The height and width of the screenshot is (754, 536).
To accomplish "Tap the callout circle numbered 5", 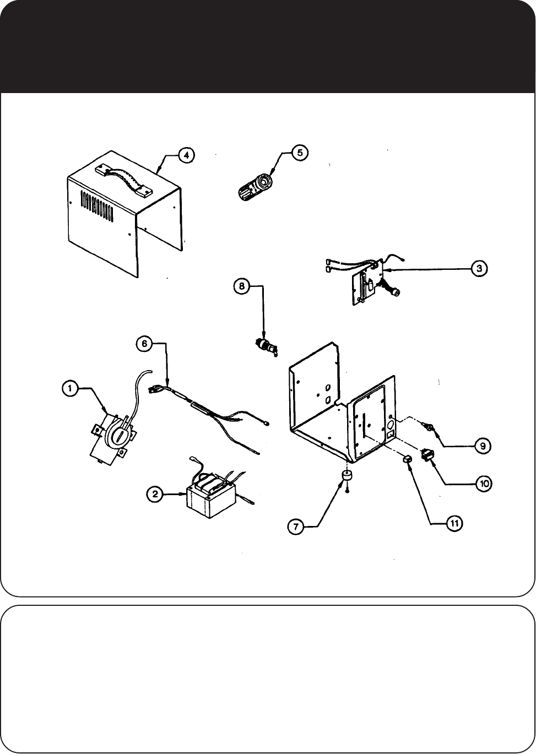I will coord(299,152).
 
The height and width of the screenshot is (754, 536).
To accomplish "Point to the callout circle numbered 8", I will coord(241,286).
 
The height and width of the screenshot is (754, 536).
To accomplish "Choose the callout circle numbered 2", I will coord(155,494).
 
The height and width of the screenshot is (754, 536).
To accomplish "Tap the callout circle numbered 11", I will coord(454,523).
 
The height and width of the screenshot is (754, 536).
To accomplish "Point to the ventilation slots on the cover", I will coord(98,209).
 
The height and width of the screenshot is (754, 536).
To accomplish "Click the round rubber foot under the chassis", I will coord(347,477).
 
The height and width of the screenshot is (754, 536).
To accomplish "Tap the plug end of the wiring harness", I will coord(156,389).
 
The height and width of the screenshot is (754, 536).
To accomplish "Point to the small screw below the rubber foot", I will coord(348,491).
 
